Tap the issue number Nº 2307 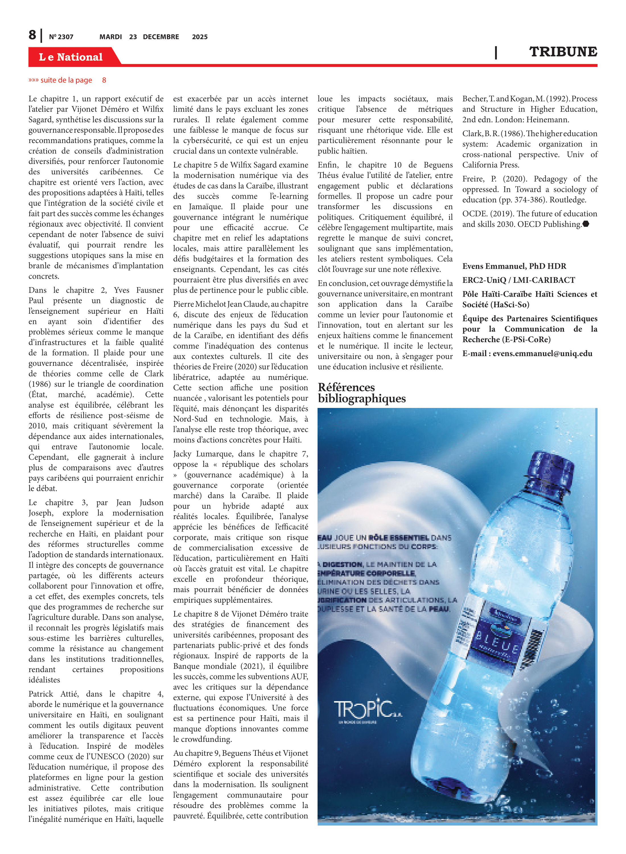[61, 37]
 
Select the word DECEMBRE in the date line [161, 37]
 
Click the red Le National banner [71, 57]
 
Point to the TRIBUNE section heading [563, 52]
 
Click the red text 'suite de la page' [66, 80]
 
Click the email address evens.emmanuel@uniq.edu [542, 354]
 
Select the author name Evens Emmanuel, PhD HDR [514, 266]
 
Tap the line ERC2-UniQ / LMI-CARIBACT [518, 280]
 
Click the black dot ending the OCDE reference [586, 224]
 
